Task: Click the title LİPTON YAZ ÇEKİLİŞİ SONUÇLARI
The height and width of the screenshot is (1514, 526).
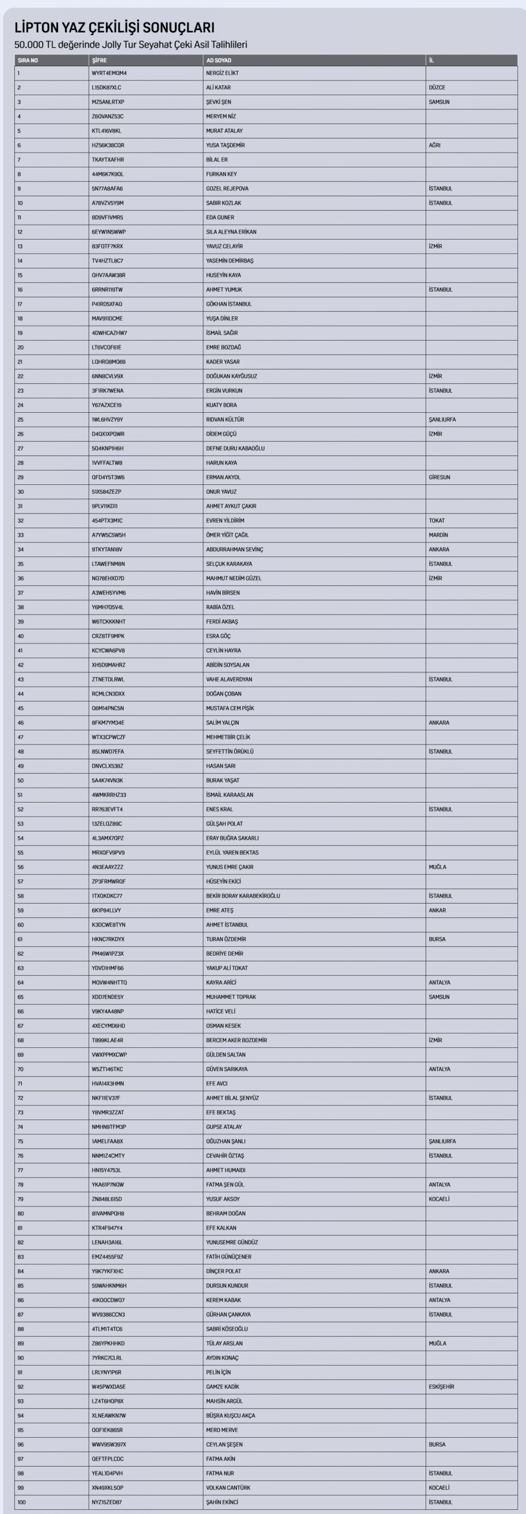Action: (114, 28)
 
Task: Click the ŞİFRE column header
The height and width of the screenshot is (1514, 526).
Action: (99, 60)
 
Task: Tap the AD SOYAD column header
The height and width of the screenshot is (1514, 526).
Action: (219, 60)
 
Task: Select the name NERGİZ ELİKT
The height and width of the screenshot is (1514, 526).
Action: (222, 73)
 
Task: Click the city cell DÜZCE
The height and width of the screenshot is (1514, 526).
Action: (437, 88)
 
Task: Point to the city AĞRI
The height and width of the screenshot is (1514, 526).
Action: (434, 145)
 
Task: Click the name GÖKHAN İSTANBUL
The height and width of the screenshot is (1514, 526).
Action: (229, 304)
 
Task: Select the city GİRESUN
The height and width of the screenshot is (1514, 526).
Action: (439, 477)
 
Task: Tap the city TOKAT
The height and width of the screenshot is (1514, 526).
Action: (437, 520)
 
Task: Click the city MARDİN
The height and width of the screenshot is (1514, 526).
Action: (438, 535)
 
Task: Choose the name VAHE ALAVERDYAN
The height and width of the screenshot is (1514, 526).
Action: (229, 680)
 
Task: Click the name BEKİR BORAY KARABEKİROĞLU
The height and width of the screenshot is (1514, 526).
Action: (243, 896)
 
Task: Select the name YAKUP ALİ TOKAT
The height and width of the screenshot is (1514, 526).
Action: (227, 968)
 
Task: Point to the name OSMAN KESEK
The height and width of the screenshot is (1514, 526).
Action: (223, 1026)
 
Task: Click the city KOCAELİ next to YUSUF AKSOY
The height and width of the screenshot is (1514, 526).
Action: (439, 1199)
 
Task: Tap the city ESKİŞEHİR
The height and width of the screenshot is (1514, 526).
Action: (441, 1387)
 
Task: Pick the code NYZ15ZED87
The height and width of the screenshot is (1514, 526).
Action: (107, 1502)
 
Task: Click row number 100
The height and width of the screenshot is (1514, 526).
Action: (22, 1502)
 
